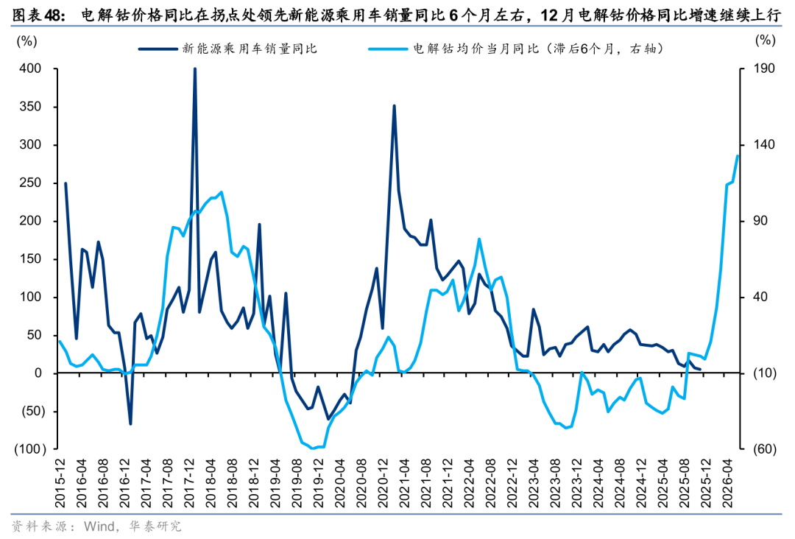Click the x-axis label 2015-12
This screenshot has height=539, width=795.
(x=60, y=482)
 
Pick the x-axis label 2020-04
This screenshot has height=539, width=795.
(x=341, y=482)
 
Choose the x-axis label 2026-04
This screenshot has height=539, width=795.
(x=728, y=482)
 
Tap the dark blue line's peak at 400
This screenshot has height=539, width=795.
(x=194, y=69)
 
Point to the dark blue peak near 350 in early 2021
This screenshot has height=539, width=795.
(x=394, y=106)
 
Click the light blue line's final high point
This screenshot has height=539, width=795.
(x=738, y=155)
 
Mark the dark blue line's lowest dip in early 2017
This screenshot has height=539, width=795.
(x=130, y=423)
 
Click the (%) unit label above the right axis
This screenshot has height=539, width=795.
(x=766, y=40)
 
